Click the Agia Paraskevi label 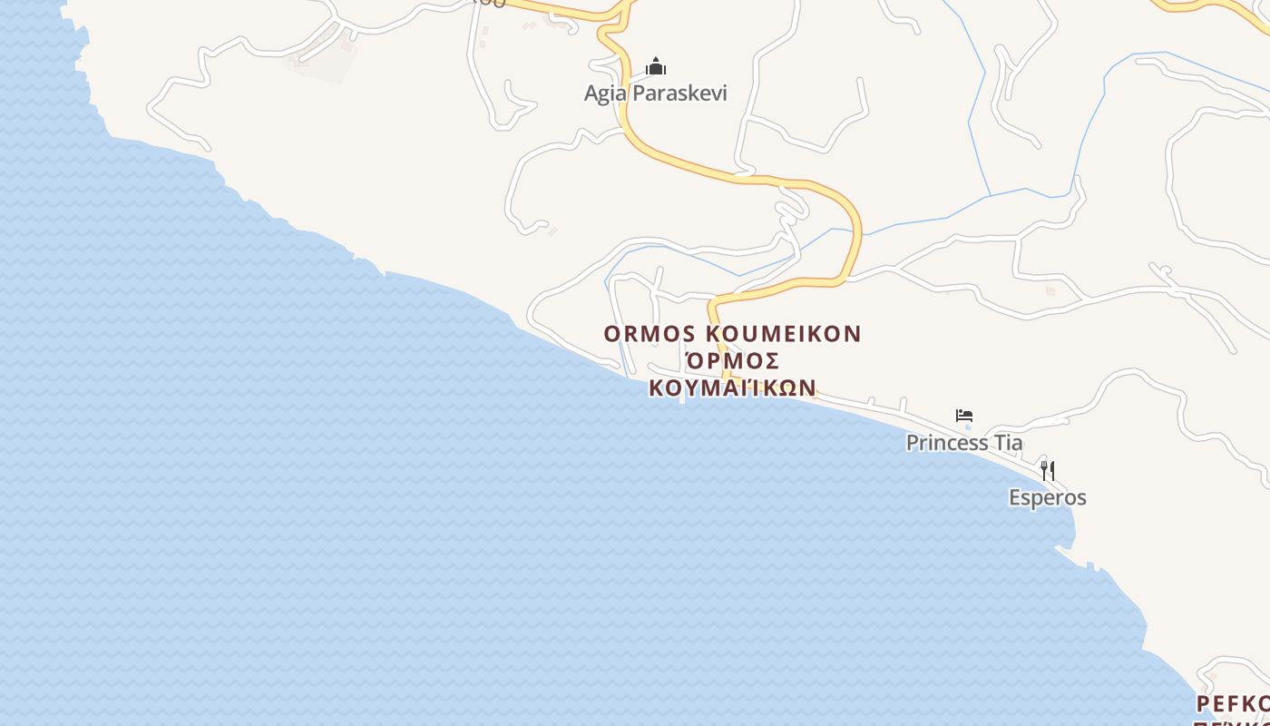tap(656, 93)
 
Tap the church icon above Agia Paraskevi tap(656, 66)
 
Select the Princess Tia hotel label tap(964, 443)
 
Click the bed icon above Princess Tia tap(964, 416)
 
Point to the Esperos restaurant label tap(1048, 497)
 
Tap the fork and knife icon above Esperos tap(1048, 470)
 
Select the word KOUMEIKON tap(783, 334)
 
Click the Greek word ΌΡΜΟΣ tap(732, 360)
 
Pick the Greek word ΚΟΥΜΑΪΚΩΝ tap(732, 388)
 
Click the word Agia tap(604, 93)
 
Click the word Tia tap(1008, 443)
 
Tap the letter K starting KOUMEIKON tap(712, 334)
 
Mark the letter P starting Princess tap(913, 443)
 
